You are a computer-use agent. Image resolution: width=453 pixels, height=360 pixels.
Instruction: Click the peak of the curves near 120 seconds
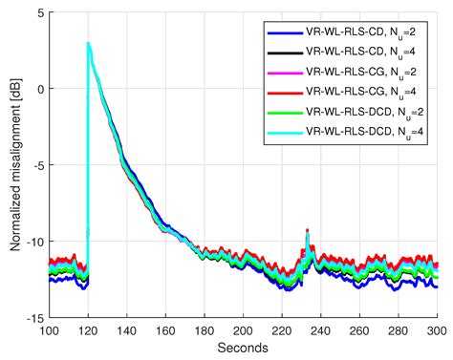point(88,44)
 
